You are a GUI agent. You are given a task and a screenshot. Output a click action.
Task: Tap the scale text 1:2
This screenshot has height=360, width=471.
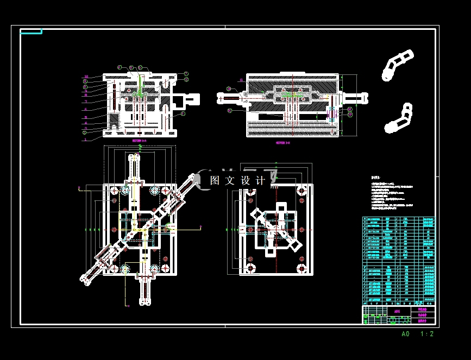click(426, 334)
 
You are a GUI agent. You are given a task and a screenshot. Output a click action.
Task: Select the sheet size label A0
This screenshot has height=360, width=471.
click(405, 334)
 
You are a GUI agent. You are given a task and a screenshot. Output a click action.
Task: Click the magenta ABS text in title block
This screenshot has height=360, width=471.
click(397, 312)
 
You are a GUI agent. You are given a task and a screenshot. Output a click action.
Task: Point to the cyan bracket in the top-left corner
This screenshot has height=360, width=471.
click(31, 31)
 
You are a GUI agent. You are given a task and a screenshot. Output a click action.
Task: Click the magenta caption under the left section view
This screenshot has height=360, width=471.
click(139, 140)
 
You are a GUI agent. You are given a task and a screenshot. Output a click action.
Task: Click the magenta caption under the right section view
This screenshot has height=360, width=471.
click(283, 143)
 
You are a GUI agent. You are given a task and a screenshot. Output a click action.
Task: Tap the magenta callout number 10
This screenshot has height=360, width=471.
click(86, 76)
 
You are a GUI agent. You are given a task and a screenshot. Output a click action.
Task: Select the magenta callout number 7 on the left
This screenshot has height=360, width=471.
click(86, 102)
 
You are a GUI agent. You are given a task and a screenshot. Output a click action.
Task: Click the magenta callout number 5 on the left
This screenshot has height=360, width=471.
click(86, 117)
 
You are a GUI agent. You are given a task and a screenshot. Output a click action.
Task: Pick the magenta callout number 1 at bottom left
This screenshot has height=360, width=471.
click(85, 140)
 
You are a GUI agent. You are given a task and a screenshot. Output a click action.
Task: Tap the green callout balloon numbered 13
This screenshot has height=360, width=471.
click(186, 80)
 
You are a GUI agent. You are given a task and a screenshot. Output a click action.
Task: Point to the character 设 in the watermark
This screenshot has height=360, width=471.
click(246, 180)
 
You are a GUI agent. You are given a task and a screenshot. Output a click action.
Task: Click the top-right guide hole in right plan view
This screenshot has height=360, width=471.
click(301, 191)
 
